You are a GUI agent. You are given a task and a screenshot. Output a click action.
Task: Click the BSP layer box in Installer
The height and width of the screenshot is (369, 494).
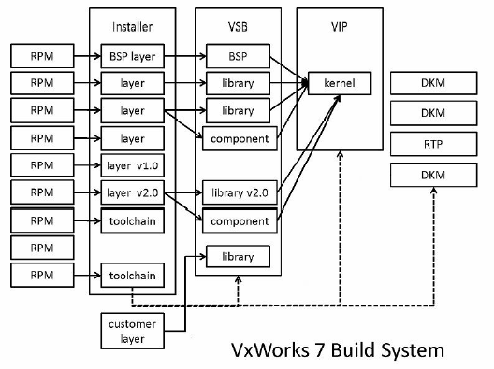tap(132, 55)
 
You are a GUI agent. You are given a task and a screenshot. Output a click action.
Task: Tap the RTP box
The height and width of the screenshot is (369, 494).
tap(431, 145)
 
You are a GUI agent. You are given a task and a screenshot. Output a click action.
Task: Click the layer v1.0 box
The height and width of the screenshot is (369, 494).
tap(132, 166)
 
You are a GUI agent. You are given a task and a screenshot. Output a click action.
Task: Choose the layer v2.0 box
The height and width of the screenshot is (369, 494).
tap(132, 193)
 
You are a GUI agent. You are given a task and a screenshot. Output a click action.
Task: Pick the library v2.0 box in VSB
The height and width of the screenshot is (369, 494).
tap(239, 193)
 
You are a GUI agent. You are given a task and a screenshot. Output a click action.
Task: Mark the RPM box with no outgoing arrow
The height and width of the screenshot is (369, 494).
tap(42, 248)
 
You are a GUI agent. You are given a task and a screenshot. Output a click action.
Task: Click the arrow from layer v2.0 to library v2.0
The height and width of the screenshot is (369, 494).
tap(182, 193)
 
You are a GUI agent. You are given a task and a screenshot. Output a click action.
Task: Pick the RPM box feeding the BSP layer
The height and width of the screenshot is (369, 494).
tap(42, 55)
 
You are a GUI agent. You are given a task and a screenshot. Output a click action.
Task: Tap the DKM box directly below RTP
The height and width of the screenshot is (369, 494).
tap(431, 174)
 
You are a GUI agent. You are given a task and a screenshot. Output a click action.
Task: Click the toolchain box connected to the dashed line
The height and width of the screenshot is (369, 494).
tap(132, 276)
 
